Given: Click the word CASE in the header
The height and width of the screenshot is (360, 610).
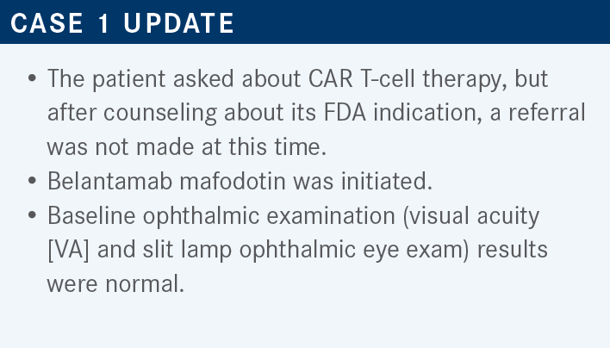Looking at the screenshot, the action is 47,23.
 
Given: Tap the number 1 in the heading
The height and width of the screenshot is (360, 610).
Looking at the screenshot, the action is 103,23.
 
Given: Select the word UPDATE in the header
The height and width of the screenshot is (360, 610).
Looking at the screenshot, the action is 178,23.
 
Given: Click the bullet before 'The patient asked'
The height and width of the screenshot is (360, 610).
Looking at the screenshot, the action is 32,78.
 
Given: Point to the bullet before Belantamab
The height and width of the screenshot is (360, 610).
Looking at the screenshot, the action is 32,181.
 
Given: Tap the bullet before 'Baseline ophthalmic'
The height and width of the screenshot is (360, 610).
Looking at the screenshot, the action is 32,215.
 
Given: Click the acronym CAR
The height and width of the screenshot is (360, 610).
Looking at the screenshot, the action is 330,78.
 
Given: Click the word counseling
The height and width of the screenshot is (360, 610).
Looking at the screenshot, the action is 160,114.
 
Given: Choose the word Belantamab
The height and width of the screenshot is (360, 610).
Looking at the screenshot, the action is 109,181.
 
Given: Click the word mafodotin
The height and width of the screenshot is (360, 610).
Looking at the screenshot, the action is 233,181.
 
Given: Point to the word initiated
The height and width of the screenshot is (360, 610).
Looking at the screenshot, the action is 387,181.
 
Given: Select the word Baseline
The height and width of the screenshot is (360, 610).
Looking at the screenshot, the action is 91,215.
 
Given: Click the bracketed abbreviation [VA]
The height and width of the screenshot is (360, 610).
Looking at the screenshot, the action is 68,250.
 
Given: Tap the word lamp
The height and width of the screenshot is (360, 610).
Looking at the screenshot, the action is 206,251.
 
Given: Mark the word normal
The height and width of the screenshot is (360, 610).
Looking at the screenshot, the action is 145,284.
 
